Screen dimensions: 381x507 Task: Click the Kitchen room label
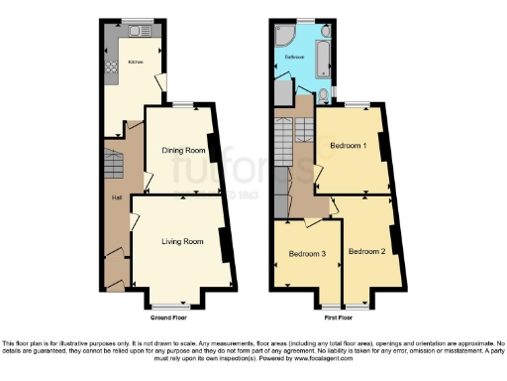tap(134, 63)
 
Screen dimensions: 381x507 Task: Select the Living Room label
tap(183, 241)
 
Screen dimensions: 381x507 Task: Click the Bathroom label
tap(295, 58)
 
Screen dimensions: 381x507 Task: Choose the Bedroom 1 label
tap(349, 146)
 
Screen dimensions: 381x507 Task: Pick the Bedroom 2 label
tap(367, 251)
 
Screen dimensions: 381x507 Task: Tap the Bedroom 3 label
tap(307, 254)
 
